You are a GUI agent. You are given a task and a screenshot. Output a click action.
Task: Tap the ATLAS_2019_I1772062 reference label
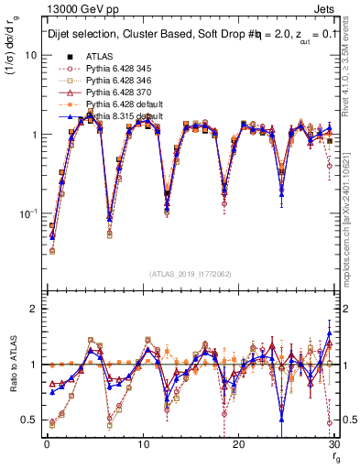click(188, 272)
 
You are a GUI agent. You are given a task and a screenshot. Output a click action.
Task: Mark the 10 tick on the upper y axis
click(31, 55)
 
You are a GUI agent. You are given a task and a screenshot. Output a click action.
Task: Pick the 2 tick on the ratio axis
click(34, 309)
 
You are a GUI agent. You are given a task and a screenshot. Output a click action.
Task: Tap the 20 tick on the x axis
click(238, 444)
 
